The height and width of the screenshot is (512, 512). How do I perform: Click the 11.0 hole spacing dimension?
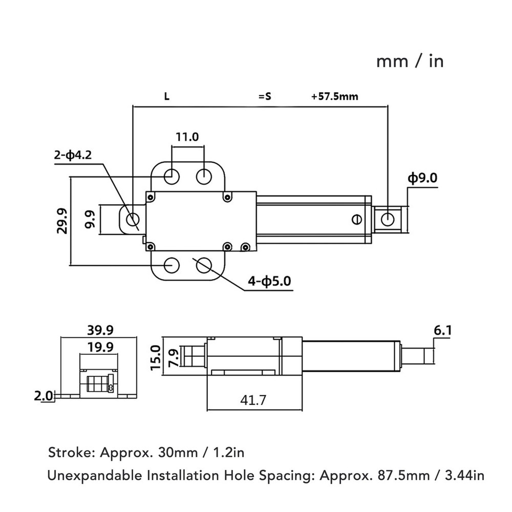coord(187,137)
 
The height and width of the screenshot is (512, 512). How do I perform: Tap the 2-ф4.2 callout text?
coord(73,155)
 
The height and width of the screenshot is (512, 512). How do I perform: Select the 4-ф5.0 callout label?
coord(269,281)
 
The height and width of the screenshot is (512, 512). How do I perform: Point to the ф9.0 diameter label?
coord(422,178)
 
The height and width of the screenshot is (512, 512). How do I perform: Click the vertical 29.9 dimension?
coord(62,221)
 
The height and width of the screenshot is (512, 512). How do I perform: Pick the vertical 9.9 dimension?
coord(90,220)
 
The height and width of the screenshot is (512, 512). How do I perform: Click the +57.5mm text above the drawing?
coord(335,97)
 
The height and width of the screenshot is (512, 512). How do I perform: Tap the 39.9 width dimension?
coord(100,330)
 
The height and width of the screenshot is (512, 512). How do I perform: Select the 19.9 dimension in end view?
coord(100,347)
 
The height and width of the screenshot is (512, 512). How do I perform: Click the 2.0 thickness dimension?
coord(43,396)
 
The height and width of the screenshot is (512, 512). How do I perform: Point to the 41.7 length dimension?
coord(253,400)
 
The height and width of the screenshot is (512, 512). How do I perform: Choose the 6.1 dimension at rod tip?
coord(443,331)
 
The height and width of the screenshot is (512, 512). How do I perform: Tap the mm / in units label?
coord(410,62)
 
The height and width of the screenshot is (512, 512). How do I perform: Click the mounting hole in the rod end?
coord(388,219)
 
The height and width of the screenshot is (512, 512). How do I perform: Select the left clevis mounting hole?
coord(132,219)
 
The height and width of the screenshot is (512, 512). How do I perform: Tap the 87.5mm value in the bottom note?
coord(403,476)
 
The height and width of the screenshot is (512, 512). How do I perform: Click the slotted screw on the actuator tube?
coord(357,219)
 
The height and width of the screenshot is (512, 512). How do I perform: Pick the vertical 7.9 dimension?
coord(173,358)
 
